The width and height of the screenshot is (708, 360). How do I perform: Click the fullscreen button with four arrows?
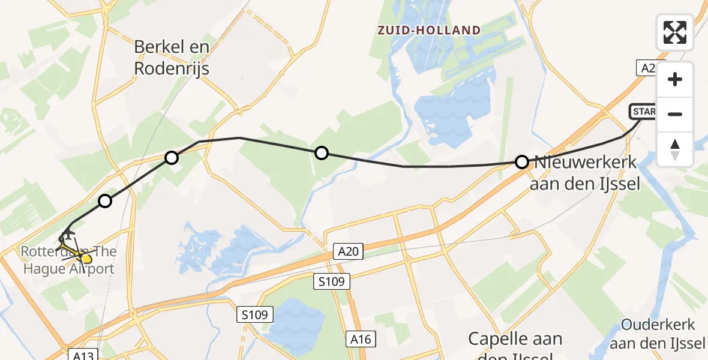(x=675, y=32)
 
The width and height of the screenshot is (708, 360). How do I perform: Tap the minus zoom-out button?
(x=675, y=114)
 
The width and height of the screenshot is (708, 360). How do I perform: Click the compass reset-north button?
(x=675, y=149)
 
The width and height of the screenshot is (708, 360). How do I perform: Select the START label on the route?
(x=643, y=112)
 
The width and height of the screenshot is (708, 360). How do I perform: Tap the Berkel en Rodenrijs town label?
(x=172, y=58)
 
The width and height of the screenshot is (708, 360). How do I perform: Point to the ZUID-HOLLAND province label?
(x=429, y=31)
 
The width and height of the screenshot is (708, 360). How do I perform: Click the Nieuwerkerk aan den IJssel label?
(x=586, y=173)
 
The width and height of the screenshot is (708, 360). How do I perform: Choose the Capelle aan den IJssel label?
(x=515, y=347)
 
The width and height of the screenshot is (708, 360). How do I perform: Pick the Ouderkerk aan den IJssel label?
(x=658, y=334)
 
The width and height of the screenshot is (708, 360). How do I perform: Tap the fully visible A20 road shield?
(x=348, y=251)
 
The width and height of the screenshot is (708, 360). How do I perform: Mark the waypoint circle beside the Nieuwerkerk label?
(x=522, y=162)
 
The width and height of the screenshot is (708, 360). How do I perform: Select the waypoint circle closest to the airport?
(x=105, y=201)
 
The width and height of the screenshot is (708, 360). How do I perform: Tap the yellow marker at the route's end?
(x=86, y=259)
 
